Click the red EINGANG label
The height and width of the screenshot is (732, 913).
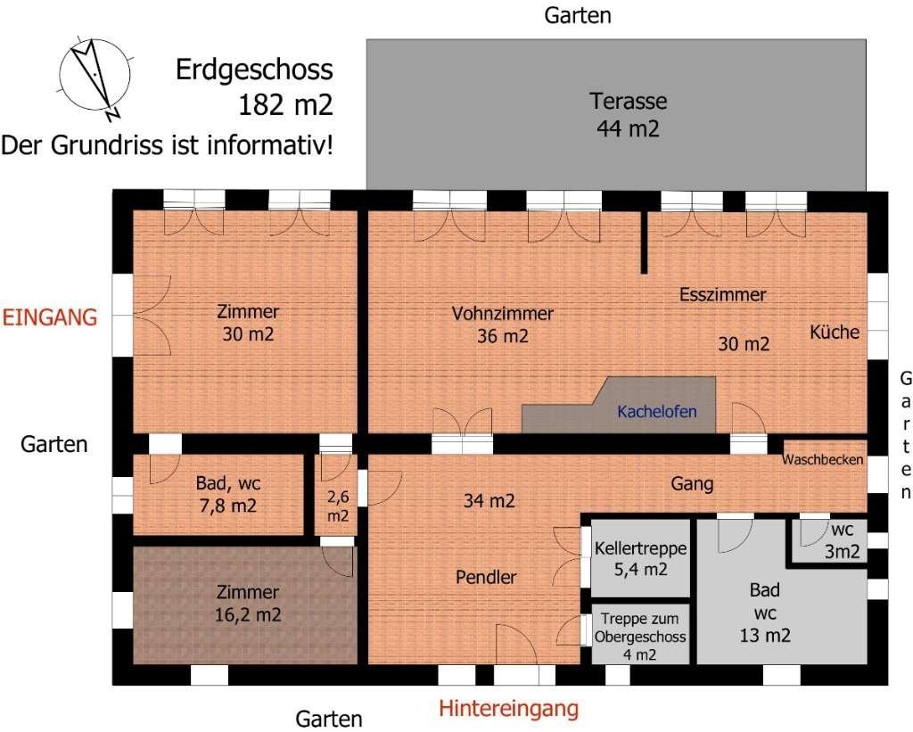(50, 317)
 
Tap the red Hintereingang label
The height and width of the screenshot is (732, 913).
(508, 709)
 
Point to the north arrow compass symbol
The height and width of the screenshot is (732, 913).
(95, 77)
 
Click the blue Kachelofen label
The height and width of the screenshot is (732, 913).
(657, 412)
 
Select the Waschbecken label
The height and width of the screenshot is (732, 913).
(822, 459)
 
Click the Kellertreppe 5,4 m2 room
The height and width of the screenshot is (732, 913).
(640, 558)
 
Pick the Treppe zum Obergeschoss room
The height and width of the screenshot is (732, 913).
(640, 635)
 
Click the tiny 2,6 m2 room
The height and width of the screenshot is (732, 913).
(336, 495)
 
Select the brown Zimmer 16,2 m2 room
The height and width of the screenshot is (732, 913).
(245, 605)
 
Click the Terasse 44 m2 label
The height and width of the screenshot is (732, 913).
(628, 115)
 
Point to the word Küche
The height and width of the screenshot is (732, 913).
(835, 332)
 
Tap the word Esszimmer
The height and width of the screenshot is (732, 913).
(722, 294)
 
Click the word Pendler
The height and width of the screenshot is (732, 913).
(486, 577)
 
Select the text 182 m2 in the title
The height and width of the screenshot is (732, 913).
(285, 105)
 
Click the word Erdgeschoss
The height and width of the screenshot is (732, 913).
(254, 70)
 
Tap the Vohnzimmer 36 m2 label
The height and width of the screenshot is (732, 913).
(503, 325)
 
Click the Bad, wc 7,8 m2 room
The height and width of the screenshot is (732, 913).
(218, 495)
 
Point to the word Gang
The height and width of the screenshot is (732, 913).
(692, 483)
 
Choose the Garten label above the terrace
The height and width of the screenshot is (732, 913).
(578, 16)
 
